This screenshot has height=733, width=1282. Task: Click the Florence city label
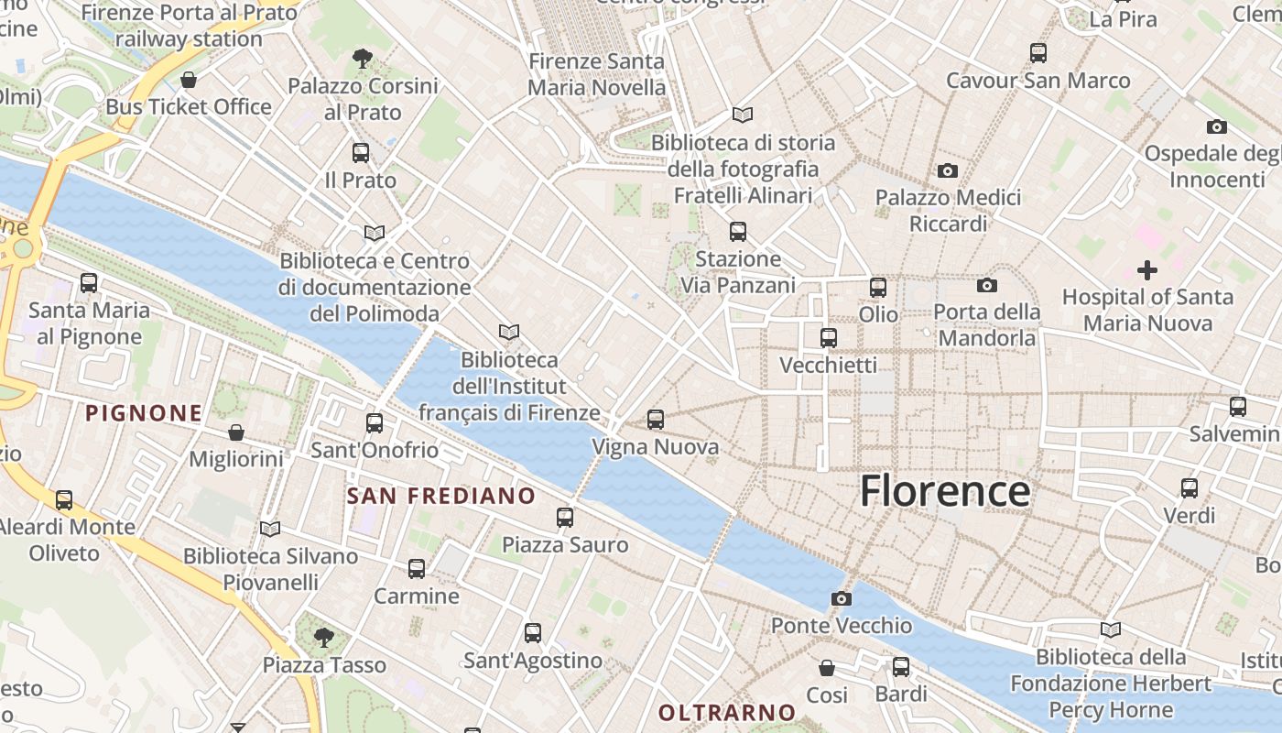coord(945,491)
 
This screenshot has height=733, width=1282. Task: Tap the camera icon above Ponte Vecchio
coord(842,599)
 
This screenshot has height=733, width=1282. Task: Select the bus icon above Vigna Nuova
coord(656,421)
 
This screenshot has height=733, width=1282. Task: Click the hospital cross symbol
coord(1146,270)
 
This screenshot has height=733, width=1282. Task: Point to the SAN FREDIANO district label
coord(441,497)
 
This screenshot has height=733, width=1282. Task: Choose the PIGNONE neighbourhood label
coord(144,413)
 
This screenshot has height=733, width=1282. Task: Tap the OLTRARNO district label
coord(727,712)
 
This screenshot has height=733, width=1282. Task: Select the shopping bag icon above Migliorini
coord(236,432)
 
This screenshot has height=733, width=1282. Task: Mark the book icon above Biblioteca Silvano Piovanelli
coord(269,530)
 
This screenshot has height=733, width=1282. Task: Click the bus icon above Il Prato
coord(361,153)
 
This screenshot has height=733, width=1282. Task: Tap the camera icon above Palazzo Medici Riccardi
coord(948,170)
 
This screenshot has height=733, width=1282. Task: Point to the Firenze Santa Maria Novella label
coord(597,75)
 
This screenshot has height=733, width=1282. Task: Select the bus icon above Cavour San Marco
coord(1038,53)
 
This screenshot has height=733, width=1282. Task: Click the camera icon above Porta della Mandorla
coord(986,286)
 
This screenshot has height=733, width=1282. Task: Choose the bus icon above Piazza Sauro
coord(565,518)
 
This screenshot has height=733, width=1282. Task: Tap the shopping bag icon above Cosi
coord(827,668)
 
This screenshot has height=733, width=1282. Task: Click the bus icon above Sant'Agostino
coord(532,633)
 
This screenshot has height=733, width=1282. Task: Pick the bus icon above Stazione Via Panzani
coord(738,232)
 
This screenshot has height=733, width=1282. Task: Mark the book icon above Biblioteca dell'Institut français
coord(509,332)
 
